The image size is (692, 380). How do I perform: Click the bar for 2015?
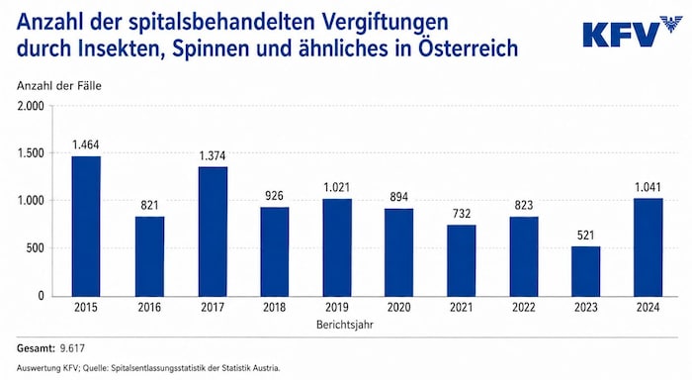(86, 227)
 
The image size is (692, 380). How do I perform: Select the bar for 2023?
(585, 271)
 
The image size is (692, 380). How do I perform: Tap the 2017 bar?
(213, 232)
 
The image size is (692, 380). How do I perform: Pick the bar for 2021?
(462, 260)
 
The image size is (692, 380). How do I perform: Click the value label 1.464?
(86, 144)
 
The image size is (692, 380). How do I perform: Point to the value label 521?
(585, 236)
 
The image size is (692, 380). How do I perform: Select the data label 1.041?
(648, 187)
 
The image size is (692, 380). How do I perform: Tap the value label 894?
(399, 197)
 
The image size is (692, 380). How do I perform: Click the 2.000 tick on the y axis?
(31, 106)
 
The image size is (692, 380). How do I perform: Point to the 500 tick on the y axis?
(35, 248)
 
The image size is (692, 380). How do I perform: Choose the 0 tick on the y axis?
(42, 296)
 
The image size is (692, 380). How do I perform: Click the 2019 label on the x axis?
(337, 307)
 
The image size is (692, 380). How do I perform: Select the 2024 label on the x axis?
(648, 307)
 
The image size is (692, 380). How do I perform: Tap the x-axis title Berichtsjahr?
(345, 325)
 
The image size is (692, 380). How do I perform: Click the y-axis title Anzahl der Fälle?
(59, 86)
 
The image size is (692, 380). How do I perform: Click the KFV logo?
(633, 32)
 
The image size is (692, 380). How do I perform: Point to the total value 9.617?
(72, 348)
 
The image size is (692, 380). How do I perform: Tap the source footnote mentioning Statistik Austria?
(148, 368)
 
